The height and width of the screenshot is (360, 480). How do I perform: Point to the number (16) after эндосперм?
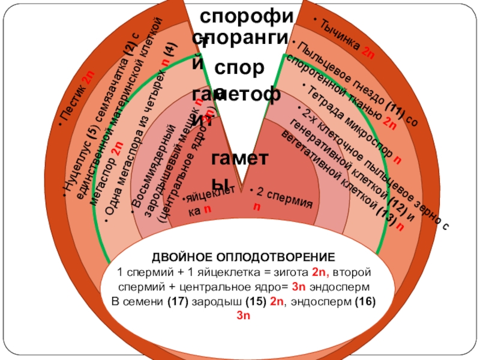(x=363, y=302)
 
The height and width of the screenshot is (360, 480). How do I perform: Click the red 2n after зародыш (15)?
(x=277, y=302)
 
